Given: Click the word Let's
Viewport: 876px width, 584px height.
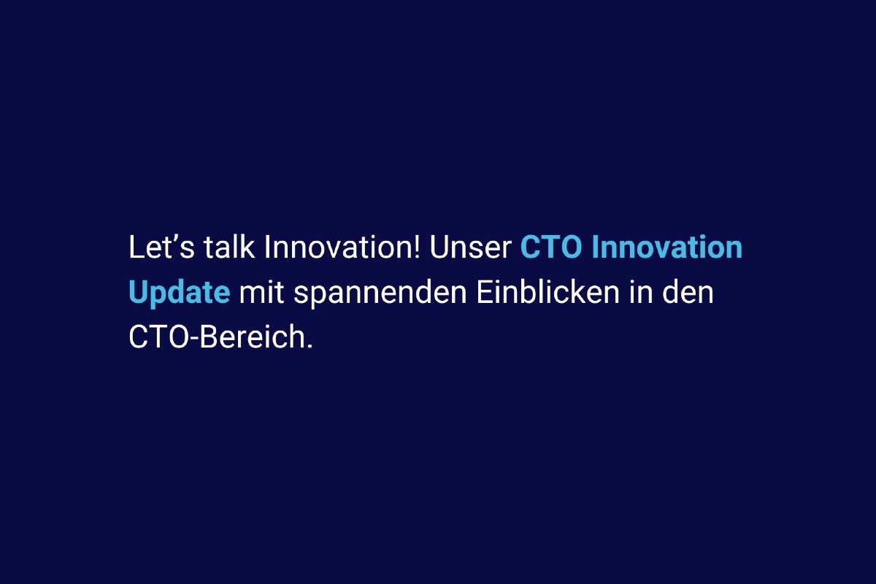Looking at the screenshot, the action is (x=161, y=247).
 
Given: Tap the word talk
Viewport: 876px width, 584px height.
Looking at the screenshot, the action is (x=229, y=247).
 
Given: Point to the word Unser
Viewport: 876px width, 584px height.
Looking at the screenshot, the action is (x=470, y=247).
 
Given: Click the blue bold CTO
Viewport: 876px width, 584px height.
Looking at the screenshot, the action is (x=551, y=247).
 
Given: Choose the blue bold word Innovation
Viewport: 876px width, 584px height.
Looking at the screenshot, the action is (x=667, y=247).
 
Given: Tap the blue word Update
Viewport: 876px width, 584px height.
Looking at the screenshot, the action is (x=180, y=293).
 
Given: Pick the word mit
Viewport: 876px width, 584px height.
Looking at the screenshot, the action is (x=261, y=292).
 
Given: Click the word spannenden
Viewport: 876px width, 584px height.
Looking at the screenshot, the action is (x=380, y=293).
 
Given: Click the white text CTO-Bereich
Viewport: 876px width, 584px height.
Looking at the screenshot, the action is (x=221, y=337).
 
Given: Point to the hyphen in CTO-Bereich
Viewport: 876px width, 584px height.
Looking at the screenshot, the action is (x=194, y=339).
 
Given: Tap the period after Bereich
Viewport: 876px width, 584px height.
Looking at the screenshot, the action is (x=310, y=346).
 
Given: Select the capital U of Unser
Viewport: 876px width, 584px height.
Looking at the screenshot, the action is (x=439, y=247).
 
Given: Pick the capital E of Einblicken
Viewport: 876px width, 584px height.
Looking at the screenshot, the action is (x=485, y=292).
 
